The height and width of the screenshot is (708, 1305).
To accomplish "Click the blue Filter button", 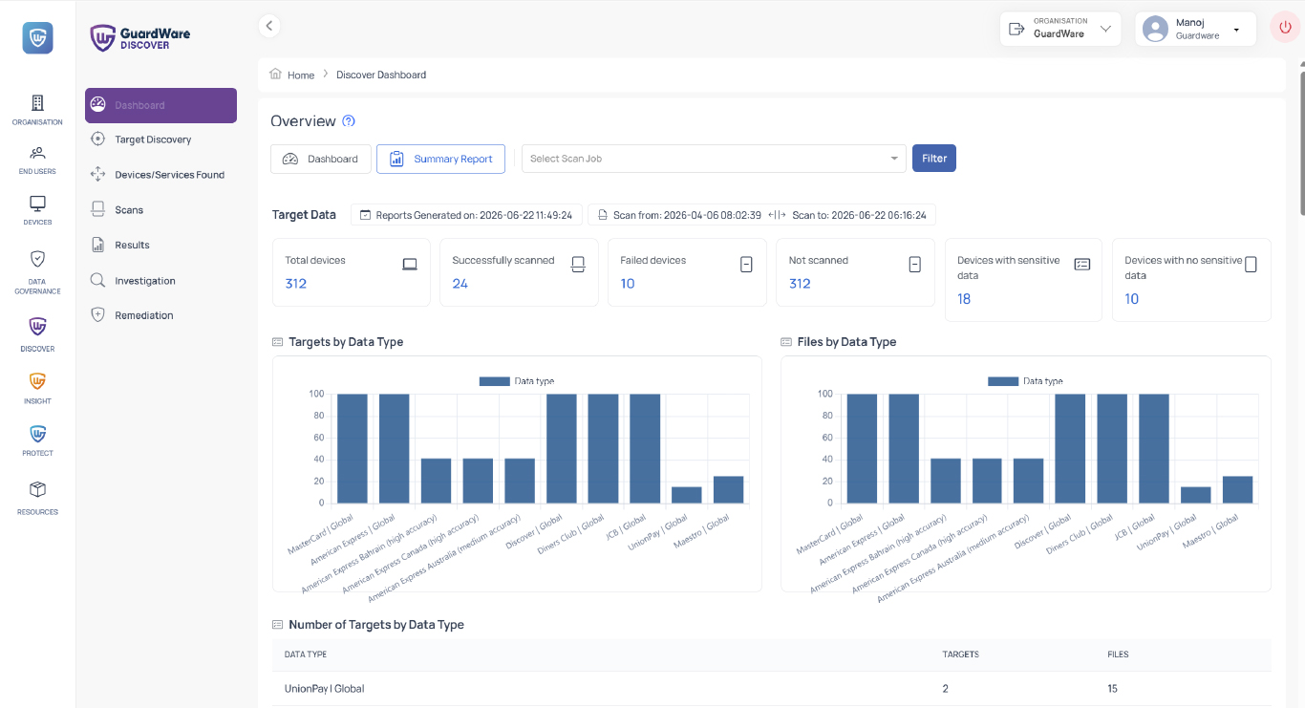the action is (934, 158).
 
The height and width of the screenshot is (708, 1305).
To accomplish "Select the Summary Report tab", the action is (440, 159).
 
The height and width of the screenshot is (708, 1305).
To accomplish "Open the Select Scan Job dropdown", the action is (714, 159).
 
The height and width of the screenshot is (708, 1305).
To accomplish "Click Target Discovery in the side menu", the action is (153, 139).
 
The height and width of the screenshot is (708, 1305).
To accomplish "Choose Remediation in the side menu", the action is (144, 315).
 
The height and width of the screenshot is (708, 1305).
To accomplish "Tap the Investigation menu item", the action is (144, 281).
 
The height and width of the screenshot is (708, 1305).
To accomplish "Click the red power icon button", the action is (1285, 27).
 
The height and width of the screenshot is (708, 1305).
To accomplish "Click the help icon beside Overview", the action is (349, 121).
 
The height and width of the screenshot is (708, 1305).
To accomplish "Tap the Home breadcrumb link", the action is (301, 75).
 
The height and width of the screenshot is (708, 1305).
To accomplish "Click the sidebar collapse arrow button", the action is (269, 26).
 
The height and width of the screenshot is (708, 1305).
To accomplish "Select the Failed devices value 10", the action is (628, 284).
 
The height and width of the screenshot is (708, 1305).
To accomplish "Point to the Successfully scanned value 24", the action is (460, 284).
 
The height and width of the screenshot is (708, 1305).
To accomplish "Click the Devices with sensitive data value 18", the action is (964, 299).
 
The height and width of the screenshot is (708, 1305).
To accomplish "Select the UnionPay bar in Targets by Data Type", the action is (686, 495).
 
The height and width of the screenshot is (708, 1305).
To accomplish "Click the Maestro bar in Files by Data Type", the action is (1237, 489).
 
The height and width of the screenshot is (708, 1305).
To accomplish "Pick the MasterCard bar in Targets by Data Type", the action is (353, 448).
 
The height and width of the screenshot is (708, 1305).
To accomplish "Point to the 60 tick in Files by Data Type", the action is (827, 438).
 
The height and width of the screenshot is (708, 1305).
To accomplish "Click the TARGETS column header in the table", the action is (961, 654).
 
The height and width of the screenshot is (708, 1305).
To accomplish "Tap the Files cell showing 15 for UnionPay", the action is (1113, 689).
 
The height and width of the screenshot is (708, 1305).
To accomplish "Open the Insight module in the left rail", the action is (37, 389).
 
